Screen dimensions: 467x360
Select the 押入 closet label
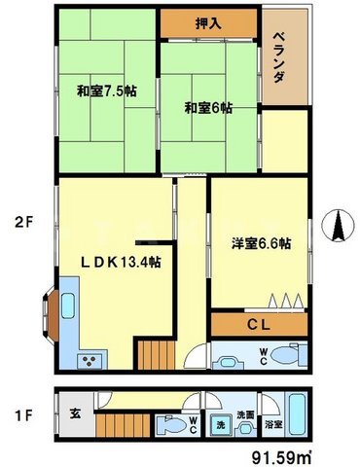pyautogui.click(x=208, y=21)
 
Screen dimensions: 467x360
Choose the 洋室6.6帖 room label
pyautogui.click(x=259, y=244)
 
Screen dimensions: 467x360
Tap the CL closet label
pyautogui.click(x=259, y=324)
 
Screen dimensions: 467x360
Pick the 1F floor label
pyautogui.click(x=22, y=415)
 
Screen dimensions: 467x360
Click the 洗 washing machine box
pyautogui.click(x=223, y=425)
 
